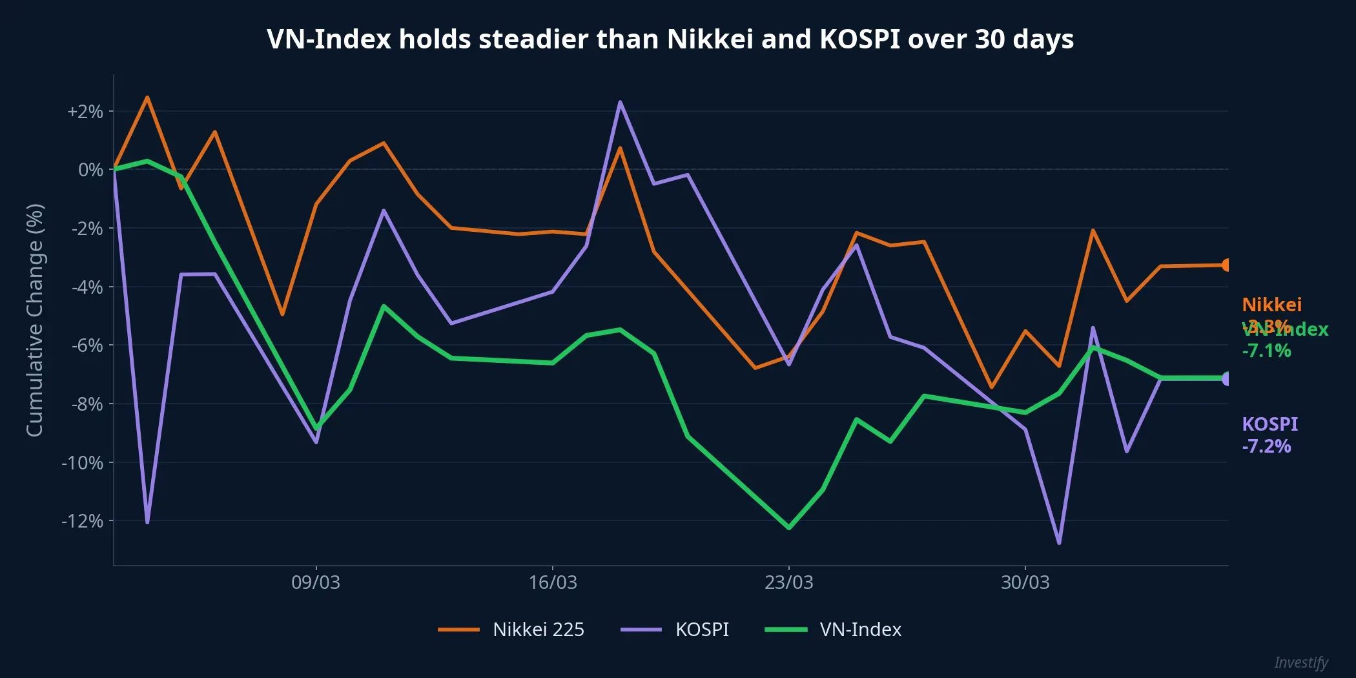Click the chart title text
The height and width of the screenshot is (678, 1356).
670,39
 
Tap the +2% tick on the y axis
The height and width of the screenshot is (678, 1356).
85,112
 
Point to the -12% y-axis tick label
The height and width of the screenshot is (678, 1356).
82,521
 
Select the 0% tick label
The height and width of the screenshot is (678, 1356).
90,170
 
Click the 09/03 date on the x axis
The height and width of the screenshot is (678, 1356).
315,582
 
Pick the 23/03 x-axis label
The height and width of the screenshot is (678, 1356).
788,582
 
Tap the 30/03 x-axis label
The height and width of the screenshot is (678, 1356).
1025,582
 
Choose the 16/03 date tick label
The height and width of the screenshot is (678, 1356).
552,582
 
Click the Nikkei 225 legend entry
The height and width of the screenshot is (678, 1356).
511,630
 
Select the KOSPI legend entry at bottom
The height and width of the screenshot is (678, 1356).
675,630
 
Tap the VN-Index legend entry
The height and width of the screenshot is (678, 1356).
833,630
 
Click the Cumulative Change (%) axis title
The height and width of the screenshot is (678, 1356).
35,320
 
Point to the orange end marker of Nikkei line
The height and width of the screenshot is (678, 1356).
1227,265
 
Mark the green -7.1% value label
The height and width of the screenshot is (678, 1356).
1266,351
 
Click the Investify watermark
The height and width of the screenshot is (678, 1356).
1300,663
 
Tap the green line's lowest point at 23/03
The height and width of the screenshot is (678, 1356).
789,528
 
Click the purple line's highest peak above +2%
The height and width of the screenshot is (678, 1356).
620,102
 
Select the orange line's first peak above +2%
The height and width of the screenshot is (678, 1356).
147,98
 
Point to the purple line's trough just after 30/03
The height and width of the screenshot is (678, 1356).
1059,543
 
